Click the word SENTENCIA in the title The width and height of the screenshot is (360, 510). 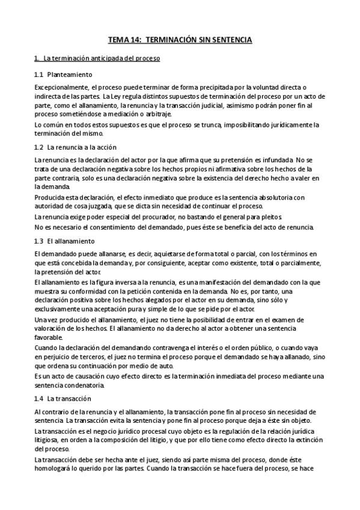tap(231, 40)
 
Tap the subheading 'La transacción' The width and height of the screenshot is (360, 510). tap(69, 399)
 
